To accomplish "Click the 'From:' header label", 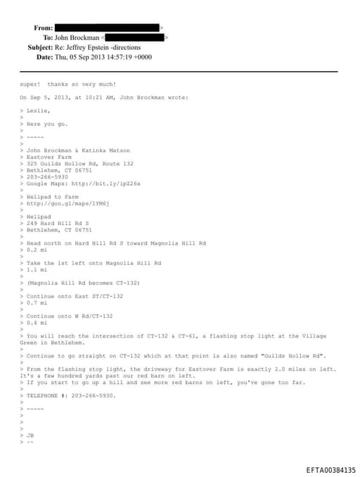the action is point(43,27).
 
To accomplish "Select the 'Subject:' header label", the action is point(40,47).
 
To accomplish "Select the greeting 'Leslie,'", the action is point(38,110).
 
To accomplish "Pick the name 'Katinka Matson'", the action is point(106,150).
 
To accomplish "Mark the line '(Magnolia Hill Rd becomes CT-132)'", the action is point(84,282).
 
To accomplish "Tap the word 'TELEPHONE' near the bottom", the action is point(43,395).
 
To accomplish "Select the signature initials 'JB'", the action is point(30,435).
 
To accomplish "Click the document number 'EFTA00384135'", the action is point(330,469).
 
